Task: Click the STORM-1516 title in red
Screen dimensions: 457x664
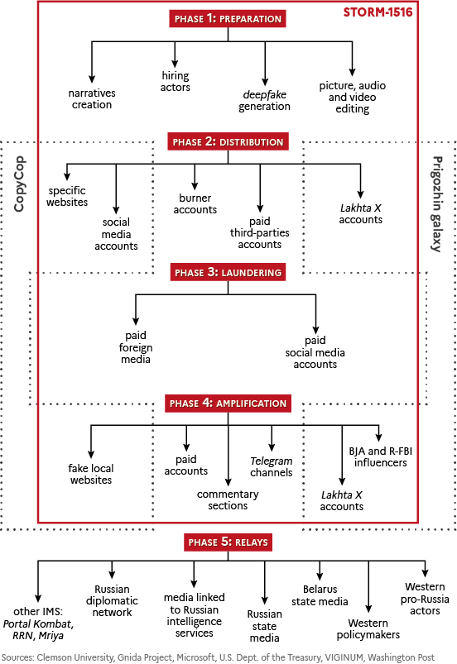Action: [378, 12]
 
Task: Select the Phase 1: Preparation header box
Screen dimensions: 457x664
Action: [228, 19]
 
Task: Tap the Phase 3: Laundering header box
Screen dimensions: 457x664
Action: [228, 272]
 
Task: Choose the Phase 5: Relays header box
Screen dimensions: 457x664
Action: [228, 542]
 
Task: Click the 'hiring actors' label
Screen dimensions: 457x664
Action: [175, 81]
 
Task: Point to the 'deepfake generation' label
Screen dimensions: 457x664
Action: [265, 100]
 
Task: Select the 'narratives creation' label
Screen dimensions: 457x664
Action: [92, 98]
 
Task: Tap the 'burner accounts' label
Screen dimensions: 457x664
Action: [195, 203]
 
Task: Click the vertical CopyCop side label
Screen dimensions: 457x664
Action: [19, 184]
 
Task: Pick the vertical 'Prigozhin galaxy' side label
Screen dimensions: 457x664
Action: [437, 204]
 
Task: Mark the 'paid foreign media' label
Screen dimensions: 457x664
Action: [136, 347]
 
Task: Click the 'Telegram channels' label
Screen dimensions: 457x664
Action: [272, 466]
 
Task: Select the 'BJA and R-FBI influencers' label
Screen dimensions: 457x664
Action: [380, 457]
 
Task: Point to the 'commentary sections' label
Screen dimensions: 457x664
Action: [228, 499]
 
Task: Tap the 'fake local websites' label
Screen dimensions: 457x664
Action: [91, 474]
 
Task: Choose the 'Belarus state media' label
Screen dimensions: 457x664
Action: [320, 595]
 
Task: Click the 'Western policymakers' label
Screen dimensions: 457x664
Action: [368, 628]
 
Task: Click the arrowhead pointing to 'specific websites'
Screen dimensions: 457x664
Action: [67, 177]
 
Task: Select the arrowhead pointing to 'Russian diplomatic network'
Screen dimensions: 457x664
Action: [112, 574]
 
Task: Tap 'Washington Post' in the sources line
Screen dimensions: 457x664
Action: [401, 657]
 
